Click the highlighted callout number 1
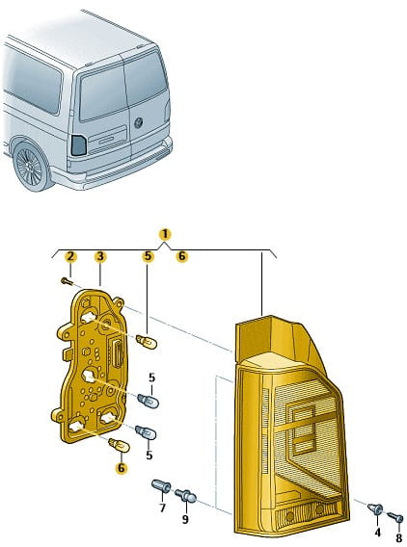pos(165,235)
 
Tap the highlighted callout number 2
pos(70,257)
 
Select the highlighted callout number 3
pos(100,257)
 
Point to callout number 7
pos(162,508)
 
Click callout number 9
pos(185,519)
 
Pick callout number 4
pos(377,533)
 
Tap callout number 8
pos(399,537)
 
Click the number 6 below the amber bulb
pos(121,468)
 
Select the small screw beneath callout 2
pos(68,280)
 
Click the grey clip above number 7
pos(161,486)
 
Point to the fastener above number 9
pos(185,496)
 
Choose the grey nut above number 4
pos(375,509)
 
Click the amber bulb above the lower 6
pos(120,445)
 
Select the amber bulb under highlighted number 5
pos(147,341)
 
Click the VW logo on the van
pos(139,123)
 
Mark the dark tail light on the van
pos(79,145)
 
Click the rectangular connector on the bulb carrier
pos(117,353)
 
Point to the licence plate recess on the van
pos(107,140)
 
